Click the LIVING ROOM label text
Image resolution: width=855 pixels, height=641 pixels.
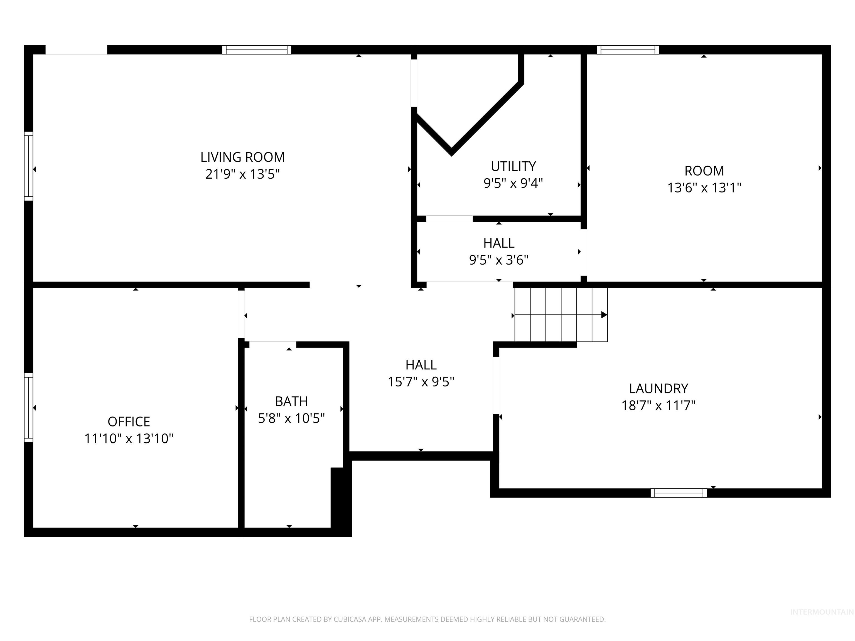point(242,157)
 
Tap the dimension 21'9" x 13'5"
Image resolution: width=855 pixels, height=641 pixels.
point(242,174)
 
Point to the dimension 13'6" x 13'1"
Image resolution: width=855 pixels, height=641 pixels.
point(704,188)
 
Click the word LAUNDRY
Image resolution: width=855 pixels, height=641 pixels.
point(658,388)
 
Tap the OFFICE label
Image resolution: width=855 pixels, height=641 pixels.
point(129,421)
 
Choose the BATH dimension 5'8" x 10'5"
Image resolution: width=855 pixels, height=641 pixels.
point(291,418)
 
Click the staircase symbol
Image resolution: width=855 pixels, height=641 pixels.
point(561,315)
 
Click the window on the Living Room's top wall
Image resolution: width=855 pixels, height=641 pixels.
point(257,50)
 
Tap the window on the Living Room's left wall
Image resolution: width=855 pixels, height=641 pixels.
point(29,166)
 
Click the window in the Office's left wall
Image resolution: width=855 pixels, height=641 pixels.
point(29,408)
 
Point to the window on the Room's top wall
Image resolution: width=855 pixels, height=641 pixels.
point(628,50)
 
